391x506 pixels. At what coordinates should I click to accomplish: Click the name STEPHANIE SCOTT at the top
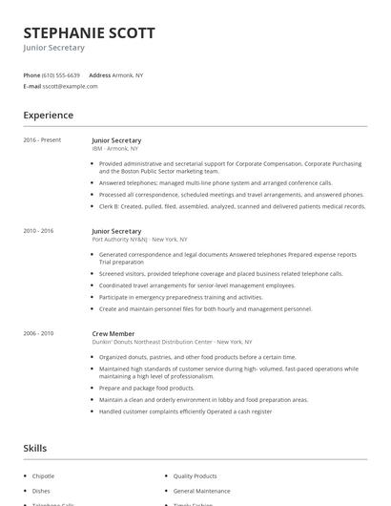click(89, 32)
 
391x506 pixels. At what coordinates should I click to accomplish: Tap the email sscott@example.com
click(71, 86)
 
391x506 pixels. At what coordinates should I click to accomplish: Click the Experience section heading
click(49, 116)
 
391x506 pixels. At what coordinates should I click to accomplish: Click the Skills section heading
click(35, 448)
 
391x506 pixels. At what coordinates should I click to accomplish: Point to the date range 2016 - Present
click(43, 140)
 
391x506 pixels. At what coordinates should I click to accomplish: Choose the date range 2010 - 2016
click(39, 231)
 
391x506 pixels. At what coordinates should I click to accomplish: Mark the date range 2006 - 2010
click(39, 333)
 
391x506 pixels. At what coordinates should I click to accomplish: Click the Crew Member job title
click(113, 333)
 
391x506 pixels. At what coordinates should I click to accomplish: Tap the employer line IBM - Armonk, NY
click(115, 149)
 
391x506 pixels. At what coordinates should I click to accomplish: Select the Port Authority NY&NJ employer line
click(139, 240)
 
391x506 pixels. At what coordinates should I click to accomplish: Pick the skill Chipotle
click(44, 475)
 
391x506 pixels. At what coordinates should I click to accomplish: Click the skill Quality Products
click(195, 475)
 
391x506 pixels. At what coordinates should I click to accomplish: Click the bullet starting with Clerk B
click(232, 206)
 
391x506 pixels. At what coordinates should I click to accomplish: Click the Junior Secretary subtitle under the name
click(54, 48)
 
